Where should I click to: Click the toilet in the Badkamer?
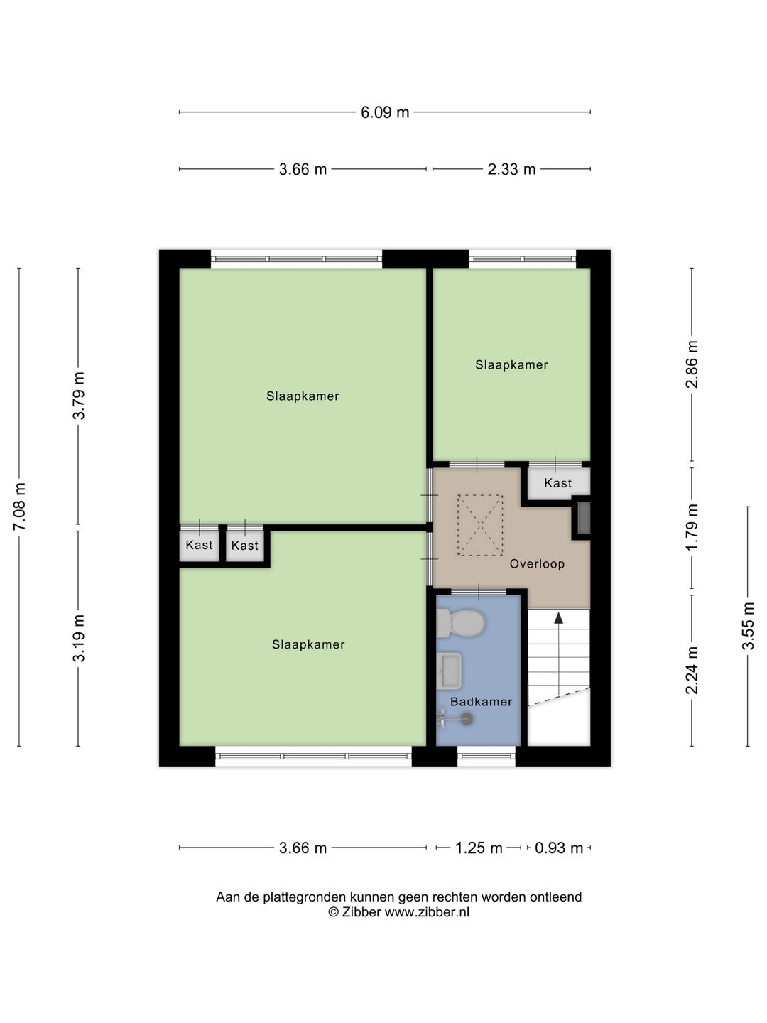click(x=461, y=623)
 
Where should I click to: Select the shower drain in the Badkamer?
click(x=467, y=719)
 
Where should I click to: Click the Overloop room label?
click(x=537, y=564)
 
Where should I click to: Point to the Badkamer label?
click(x=481, y=702)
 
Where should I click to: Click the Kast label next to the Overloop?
click(x=557, y=483)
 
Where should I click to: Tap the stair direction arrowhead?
click(x=558, y=618)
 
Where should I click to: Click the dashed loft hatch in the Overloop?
click(x=480, y=525)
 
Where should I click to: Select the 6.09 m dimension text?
click(x=385, y=112)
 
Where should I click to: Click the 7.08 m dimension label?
click(x=20, y=507)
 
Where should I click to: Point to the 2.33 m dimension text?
click(x=511, y=169)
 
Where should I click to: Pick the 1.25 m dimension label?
click(x=479, y=848)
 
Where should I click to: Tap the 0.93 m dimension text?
click(x=559, y=848)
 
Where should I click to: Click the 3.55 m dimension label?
click(x=748, y=626)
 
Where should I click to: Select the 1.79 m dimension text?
click(x=692, y=527)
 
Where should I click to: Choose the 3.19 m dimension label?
click(x=79, y=638)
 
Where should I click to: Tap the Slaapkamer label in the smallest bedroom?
click(x=511, y=365)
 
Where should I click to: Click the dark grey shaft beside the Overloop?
click(x=584, y=518)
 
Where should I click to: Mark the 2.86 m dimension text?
click(x=692, y=364)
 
